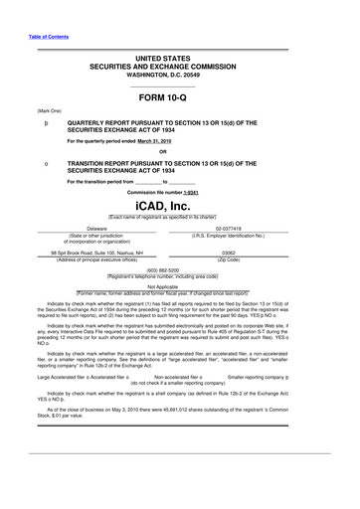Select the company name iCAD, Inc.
(180, 205)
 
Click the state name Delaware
(96, 228)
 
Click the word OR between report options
(179, 152)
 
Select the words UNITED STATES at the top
(180, 59)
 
